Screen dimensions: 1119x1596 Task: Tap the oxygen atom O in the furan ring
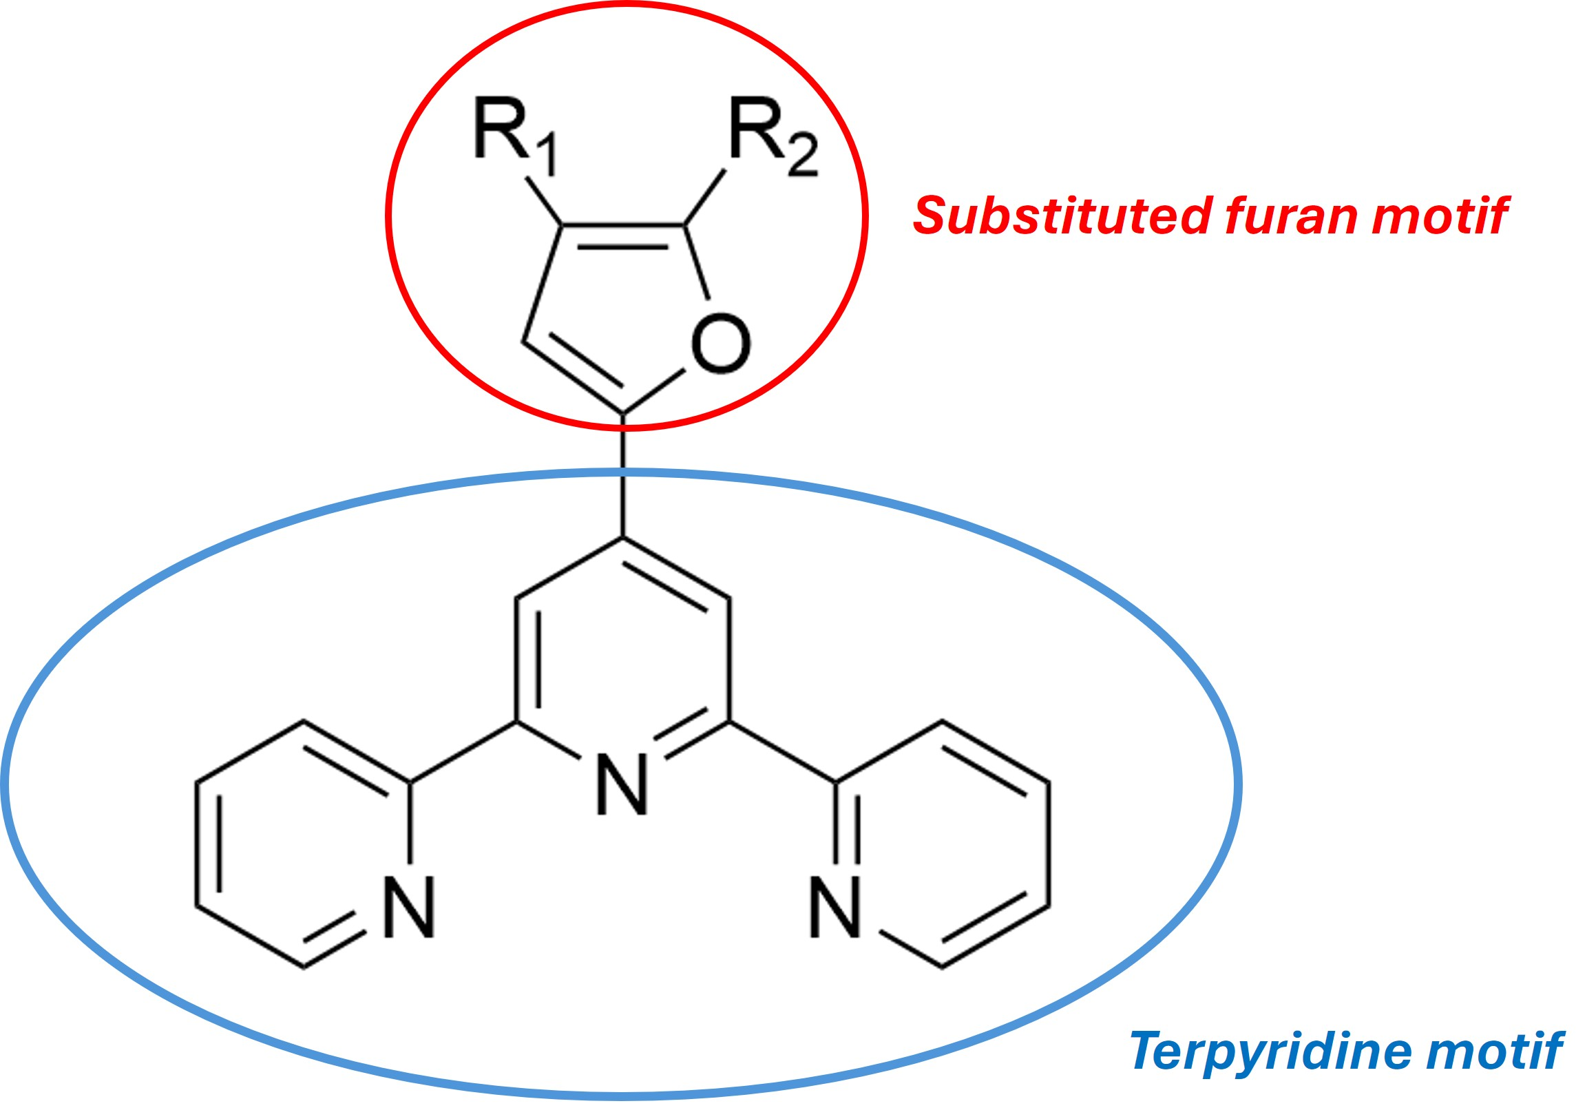pyautogui.click(x=722, y=344)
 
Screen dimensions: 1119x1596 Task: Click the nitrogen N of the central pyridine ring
pyautogui.click(x=622, y=785)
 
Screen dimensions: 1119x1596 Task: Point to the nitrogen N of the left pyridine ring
pyautogui.click(x=410, y=908)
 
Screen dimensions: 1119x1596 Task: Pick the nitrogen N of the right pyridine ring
pyautogui.click(x=836, y=908)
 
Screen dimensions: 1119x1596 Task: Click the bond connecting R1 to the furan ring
pyautogui.click(x=543, y=202)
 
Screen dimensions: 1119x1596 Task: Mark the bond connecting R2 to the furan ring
pyautogui.click(x=705, y=197)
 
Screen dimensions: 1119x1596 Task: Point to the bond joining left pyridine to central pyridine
pyautogui.click(x=463, y=753)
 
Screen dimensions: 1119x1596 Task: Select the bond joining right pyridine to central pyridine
pyautogui.click(x=783, y=753)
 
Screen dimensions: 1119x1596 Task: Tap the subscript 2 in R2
pyautogui.click(x=803, y=157)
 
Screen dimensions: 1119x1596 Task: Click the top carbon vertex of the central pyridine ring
pyautogui.click(x=623, y=537)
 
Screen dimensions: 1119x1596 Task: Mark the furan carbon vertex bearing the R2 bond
pyautogui.click(x=684, y=224)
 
